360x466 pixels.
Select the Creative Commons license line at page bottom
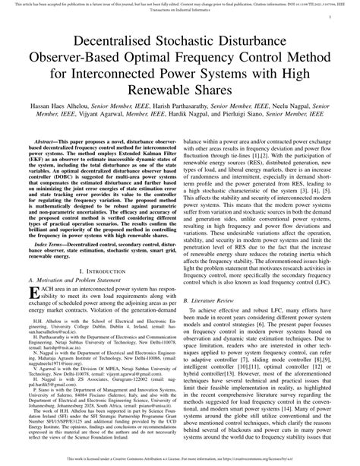point(180,460)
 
